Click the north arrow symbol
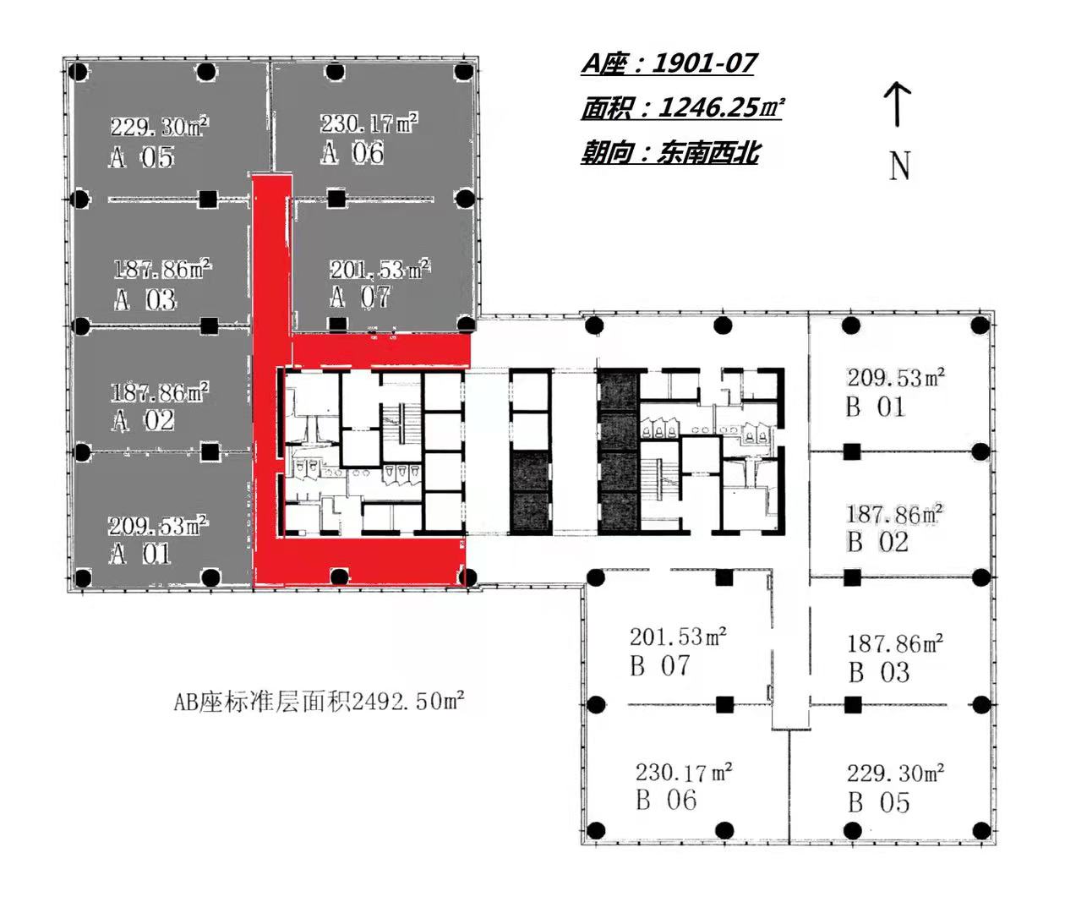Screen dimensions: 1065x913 [897, 104]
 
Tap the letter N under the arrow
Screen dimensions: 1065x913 [899, 165]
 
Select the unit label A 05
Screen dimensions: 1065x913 [141, 156]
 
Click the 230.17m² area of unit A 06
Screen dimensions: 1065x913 [369, 123]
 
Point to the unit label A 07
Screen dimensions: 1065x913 [359, 297]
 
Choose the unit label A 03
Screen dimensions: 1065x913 [145, 299]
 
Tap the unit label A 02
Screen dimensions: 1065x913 [143, 420]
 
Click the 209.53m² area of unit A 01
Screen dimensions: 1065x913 [158, 526]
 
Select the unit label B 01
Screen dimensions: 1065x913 [875, 407]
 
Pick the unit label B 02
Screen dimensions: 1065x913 [877, 542]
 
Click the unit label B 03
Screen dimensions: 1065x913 [879, 672]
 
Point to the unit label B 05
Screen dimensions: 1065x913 [878, 803]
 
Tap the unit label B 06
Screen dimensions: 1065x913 [666, 801]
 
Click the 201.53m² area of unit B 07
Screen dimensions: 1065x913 [678, 637]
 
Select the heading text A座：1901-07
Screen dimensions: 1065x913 [669, 63]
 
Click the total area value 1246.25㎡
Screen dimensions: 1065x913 [722, 107]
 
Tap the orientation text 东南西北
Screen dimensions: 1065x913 [708, 152]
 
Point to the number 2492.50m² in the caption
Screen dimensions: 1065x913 [408, 702]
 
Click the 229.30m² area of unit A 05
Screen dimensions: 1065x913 [160, 127]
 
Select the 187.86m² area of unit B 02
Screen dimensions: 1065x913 [895, 514]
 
